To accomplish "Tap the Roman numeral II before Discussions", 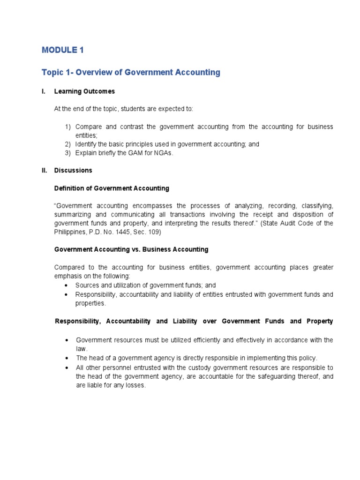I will tap(45, 171).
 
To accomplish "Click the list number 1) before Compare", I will tap(68, 127).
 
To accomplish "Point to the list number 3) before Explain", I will tap(68, 153).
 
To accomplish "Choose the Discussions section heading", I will tap(73, 171).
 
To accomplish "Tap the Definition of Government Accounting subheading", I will tap(112, 188).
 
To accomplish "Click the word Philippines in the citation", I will tap(71, 232).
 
